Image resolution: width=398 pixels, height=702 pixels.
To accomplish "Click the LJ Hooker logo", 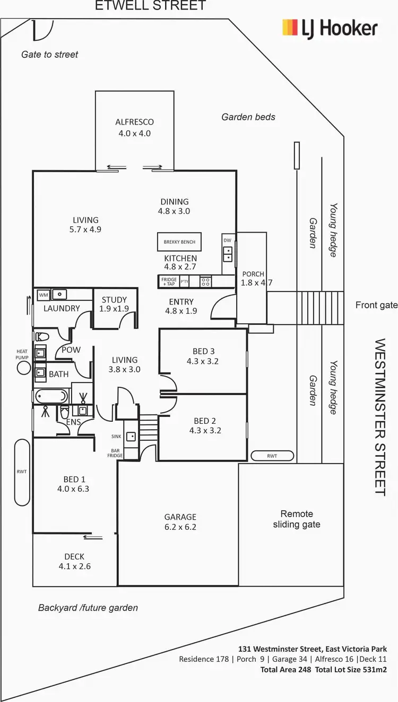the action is (330, 28).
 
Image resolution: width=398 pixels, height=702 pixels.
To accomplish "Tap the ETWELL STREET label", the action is (150, 6).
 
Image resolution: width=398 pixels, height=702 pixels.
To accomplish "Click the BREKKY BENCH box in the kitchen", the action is (179, 242).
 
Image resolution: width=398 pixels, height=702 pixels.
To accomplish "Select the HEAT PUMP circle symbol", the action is (24, 367).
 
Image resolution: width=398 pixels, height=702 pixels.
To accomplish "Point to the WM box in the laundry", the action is (43, 294).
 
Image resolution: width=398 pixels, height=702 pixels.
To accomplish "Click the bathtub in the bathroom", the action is (51, 396).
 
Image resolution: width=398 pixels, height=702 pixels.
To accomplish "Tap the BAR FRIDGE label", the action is (115, 452).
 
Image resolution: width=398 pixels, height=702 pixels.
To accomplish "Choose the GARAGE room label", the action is (180, 517).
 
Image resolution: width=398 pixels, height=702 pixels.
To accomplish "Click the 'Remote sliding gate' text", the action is (297, 519).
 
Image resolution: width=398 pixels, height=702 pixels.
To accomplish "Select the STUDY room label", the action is (114, 300).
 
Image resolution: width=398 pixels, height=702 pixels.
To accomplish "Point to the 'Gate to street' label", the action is (49, 54).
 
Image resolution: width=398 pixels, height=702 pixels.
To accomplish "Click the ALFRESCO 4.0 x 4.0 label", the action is (134, 128).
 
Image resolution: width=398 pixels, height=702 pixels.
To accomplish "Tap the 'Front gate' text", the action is (376, 305).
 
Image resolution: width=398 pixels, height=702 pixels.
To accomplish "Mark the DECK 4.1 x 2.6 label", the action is (75, 562).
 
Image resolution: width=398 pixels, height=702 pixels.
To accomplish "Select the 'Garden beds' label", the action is (248, 117).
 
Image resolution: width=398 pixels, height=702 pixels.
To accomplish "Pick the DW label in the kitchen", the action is (228, 240).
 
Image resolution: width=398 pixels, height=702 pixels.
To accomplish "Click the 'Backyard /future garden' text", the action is (88, 608).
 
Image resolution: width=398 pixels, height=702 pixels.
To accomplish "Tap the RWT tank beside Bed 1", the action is (22, 472).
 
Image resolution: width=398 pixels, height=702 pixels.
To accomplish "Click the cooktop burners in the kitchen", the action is (205, 281).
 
